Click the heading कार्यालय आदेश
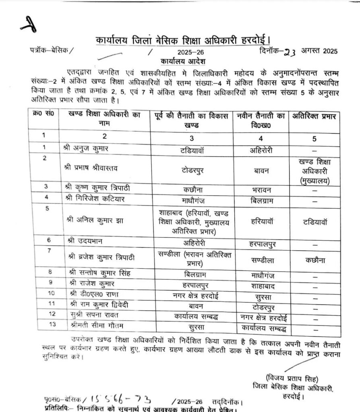(x=183, y=62)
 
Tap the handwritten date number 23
(x=290, y=51)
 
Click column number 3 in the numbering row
(x=192, y=138)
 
